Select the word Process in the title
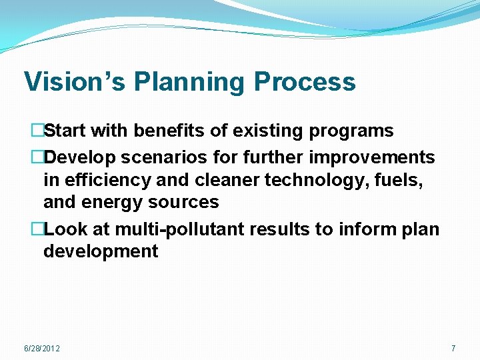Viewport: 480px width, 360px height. coord(305,82)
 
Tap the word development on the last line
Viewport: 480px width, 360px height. coord(101,251)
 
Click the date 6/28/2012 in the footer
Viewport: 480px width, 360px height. coord(41,349)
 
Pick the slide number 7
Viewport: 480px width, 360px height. coord(453,349)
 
